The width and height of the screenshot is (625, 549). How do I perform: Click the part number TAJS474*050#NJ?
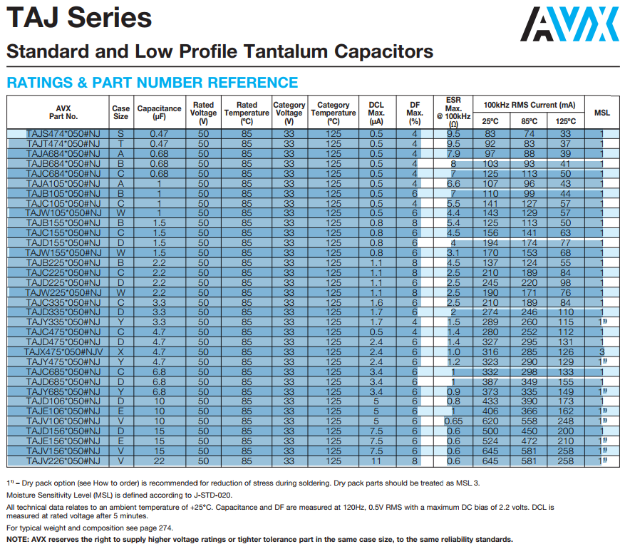tap(63, 134)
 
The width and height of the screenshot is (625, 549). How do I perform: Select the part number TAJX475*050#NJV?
tap(63, 352)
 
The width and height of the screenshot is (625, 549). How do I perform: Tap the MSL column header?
tap(602, 113)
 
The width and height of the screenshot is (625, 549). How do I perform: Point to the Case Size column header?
tap(121, 113)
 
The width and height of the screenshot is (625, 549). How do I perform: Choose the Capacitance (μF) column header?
tap(159, 113)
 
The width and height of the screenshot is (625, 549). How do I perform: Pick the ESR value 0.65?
tap(453, 421)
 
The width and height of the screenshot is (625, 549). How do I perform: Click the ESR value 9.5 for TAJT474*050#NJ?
tap(453, 144)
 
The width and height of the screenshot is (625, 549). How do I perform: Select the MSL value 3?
tap(602, 352)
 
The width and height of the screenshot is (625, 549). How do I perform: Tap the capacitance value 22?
tap(159, 461)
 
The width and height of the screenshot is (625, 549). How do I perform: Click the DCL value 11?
tap(376, 461)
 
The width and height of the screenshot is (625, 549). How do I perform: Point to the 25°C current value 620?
tap(490, 421)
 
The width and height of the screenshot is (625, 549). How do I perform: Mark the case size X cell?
tap(121, 352)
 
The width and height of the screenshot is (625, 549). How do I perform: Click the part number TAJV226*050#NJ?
tap(63, 461)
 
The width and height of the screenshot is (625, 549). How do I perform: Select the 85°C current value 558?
tap(529, 421)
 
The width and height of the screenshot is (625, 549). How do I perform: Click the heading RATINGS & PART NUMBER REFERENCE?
tap(152, 83)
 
